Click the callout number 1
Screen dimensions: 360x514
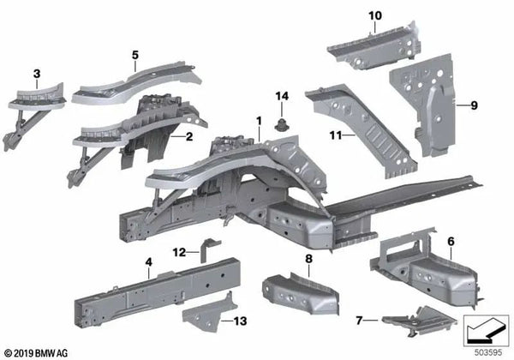(258, 123)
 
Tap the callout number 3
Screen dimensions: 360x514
(37, 75)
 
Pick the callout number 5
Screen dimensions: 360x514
(135, 56)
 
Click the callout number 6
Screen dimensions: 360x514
(451, 243)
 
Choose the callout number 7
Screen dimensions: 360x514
(360, 321)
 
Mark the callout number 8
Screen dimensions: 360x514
(309, 258)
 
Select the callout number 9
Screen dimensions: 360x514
(471, 106)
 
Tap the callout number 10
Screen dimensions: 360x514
(374, 16)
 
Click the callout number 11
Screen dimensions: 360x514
(335, 135)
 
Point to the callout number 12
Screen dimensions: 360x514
(177, 252)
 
